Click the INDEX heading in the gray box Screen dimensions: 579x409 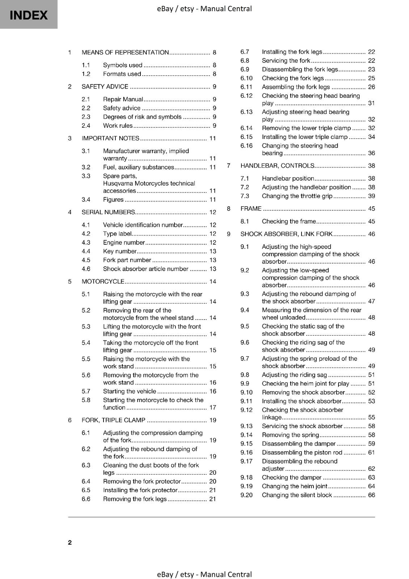pos(29,15)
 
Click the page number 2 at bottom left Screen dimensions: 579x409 pos(70,542)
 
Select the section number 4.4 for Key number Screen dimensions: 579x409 pos(86,251)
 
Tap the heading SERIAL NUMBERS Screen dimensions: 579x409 pos(108,212)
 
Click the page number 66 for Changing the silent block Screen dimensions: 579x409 pos(371,495)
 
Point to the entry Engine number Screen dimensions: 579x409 pos(124,242)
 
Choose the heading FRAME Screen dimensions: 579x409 pos(251,208)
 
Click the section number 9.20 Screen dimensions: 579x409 pos(246,495)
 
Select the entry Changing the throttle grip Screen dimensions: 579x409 pos(297,196)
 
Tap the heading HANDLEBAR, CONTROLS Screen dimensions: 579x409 pos(277,166)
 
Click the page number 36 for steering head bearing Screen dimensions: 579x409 pos(371,153)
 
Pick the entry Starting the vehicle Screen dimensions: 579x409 pos(129,391)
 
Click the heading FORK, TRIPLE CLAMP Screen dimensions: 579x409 pos(113,420)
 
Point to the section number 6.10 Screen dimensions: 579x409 pos(246,78)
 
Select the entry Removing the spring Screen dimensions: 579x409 pos(290,435)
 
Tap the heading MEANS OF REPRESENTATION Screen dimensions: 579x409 pos(125,52)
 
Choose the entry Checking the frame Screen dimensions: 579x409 pos(289,221)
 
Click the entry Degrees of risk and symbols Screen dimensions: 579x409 pos(142,117)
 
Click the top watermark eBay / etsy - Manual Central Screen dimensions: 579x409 pos(204,9)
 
